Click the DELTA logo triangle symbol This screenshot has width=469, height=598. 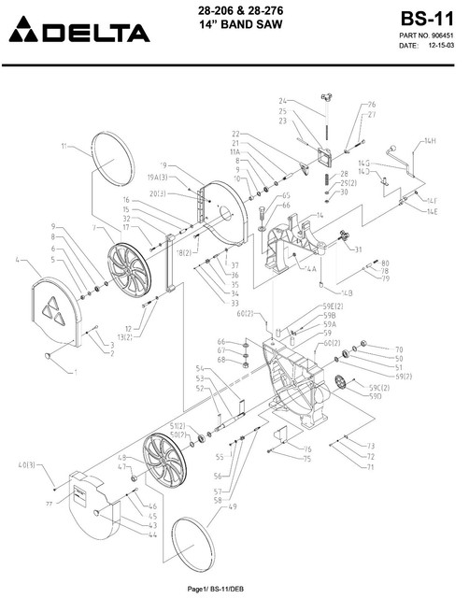point(21,35)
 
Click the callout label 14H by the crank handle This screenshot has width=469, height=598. point(429,141)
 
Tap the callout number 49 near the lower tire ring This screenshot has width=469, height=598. point(232,506)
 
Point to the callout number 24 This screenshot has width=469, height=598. point(282,101)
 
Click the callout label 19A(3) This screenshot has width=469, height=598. point(157,177)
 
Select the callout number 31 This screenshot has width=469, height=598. point(356,249)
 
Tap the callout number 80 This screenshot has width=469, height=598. point(385,263)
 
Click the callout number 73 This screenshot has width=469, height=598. point(370,446)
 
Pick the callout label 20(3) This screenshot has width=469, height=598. point(158,193)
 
